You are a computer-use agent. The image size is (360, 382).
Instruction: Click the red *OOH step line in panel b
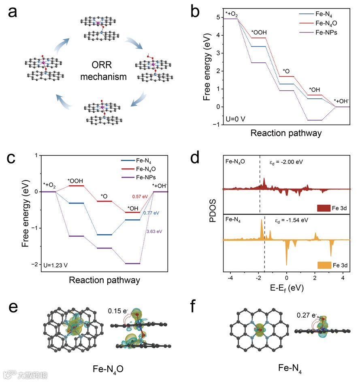[x=258, y=38]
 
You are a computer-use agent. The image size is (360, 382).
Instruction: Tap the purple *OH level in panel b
[x=315, y=120]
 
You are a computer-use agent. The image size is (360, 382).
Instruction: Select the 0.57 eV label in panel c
[x=140, y=197]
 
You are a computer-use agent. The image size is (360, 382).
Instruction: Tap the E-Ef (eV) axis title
[x=286, y=288]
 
